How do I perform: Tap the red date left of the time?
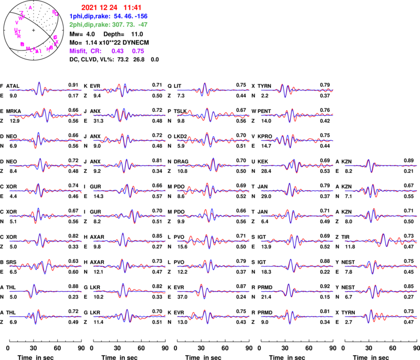coord(99,7)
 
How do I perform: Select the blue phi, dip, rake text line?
coord(108,16)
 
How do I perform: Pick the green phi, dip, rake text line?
coord(108,24)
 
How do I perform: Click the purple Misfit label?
coord(77,51)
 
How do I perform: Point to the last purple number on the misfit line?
coord(138,51)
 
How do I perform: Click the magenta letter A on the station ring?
coord(30,7)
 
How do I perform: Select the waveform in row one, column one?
coord(45,90)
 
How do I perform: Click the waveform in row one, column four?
coord(297,90)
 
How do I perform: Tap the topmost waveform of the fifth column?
coord(381,166)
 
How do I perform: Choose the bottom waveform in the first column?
coord(45,316)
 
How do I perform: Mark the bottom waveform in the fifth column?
coord(381,316)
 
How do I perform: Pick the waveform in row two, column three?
coord(213,115)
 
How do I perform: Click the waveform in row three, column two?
coord(129,140)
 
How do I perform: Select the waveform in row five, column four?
coord(297,190)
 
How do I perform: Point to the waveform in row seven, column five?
coord(381,241)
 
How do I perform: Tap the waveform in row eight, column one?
coord(45,266)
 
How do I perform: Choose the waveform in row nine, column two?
coord(129,291)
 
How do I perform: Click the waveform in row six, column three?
coord(213,215)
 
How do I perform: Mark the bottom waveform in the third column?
coord(213,316)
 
